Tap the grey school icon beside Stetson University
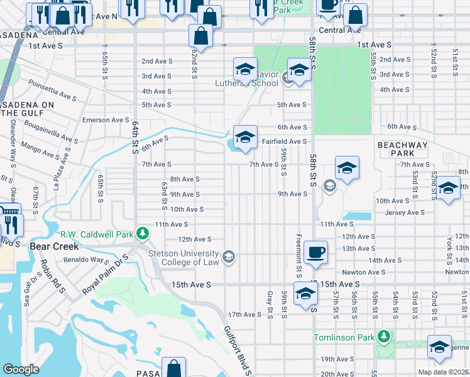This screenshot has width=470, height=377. (x=229, y=256)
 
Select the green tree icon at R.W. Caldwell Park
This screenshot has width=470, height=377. (x=143, y=234)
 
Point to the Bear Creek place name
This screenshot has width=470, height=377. (x=54, y=246)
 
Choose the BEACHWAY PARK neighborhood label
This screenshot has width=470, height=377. (x=403, y=149)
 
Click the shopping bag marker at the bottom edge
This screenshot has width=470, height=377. (x=173, y=368)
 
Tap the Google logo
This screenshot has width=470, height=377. (x=21, y=369)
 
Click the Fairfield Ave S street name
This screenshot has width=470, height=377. (x=284, y=142)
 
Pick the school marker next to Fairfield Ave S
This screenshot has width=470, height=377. (x=245, y=136)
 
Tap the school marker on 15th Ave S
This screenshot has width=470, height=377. (x=305, y=293)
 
